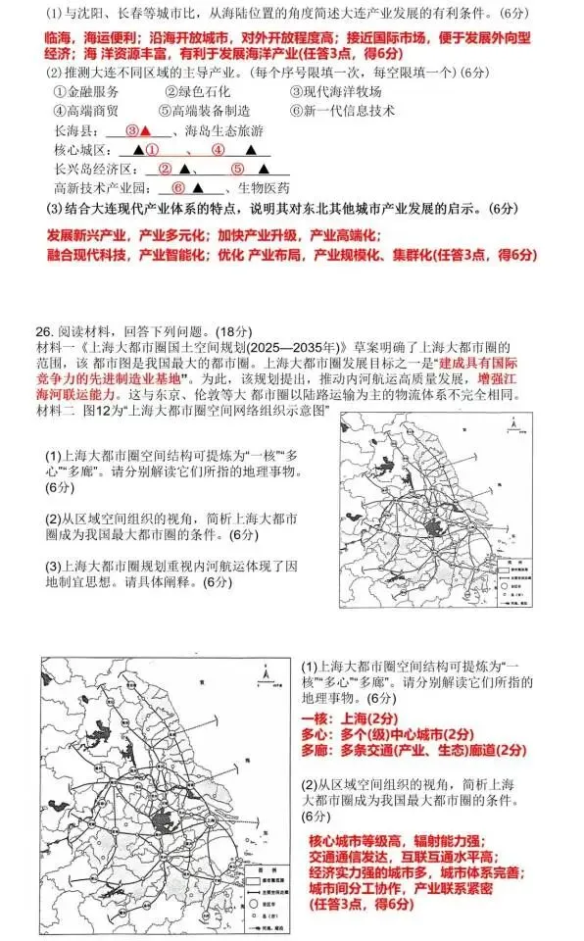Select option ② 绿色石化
(201, 91)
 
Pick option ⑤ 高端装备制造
(211, 111)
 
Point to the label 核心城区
(78, 150)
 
